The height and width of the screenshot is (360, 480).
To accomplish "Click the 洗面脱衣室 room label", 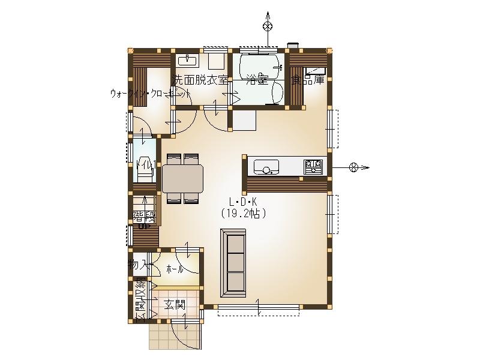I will pos(200,80).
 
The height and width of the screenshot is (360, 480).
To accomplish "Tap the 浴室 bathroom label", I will pos(256,80).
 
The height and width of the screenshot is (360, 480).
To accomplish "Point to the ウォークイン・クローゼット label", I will pos(150,94).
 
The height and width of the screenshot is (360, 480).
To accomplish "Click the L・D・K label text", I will pos(242,202).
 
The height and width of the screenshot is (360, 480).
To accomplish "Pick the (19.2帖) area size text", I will pos(243,213).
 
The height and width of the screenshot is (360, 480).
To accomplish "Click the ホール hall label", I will pos(175,269).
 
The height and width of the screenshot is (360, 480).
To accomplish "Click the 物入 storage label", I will pos(138,264).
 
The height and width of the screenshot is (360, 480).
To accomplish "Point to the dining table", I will pos(183,179).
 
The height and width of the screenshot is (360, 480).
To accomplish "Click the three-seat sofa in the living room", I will pos(233,265).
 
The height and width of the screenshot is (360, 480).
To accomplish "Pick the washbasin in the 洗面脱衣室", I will pos(188,60).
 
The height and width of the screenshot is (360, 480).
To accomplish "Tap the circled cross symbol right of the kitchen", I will pos(353,167).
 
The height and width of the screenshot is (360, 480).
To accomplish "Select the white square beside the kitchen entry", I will pos(245,120).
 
